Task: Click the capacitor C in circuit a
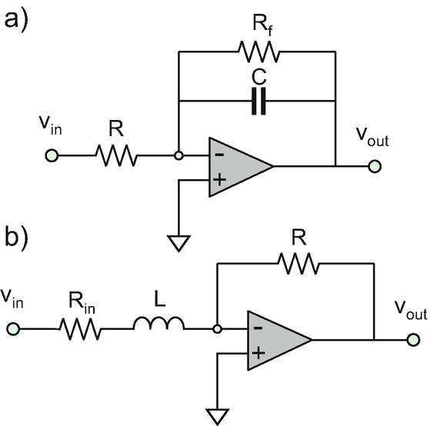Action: coord(258,102)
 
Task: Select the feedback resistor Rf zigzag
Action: coord(259,52)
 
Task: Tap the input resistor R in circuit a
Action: coord(116,155)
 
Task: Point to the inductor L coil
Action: coord(158,324)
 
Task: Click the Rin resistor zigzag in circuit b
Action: coord(80,329)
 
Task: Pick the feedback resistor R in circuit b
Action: coord(298,264)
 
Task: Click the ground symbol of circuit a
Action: coord(178,244)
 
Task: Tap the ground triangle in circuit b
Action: coord(217,417)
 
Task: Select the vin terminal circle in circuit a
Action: coord(52,155)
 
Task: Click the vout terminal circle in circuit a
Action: coord(375,166)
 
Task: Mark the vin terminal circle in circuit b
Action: coord(13,328)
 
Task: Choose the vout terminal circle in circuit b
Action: coord(413,340)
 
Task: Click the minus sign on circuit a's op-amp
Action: coord(219,155)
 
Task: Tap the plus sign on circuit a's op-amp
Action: coord(219,180)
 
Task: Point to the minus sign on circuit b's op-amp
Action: coord(258,328)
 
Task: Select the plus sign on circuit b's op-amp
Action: coord(258,353)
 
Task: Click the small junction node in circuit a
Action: coord(178,155)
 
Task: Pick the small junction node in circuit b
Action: coord(217,328)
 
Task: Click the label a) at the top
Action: coord(16,21)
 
